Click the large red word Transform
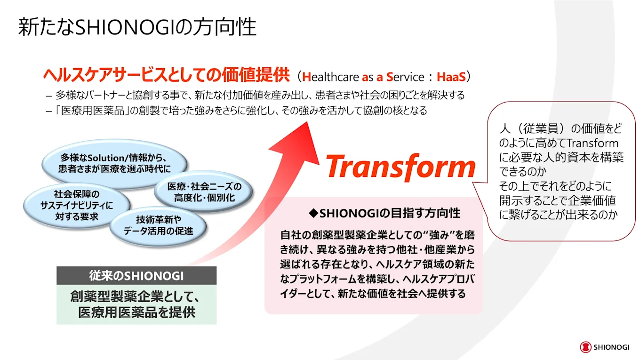point(400,167)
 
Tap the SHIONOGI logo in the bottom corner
point(605,347)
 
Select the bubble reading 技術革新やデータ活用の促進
point(158,226)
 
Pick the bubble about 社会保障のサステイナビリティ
point(77,205)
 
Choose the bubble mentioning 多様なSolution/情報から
point(114,163)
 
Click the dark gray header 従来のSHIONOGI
point(136,275)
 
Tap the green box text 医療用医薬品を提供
point(137,312)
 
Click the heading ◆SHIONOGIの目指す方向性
point(385,213)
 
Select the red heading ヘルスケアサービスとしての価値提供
point(166,75)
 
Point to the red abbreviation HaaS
point(451,77)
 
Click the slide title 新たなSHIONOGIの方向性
point(137,27)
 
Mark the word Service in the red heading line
point(405,77)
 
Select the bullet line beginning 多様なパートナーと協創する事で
point(255,95)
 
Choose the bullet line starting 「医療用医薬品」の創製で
point(236,110)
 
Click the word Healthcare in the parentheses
point(330,77)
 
